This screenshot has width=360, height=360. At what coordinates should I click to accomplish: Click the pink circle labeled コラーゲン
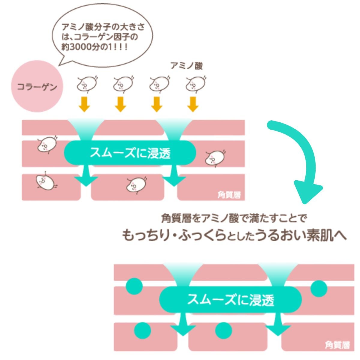point(37,86)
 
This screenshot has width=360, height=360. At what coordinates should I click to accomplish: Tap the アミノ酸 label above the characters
point(186,66)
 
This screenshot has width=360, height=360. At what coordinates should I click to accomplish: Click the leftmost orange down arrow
point(84,104)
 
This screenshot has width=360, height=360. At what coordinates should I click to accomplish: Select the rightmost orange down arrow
point(193,104)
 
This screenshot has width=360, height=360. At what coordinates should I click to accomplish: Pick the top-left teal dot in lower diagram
point(134,286)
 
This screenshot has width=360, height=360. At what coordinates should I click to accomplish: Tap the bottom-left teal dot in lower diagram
point(142,330)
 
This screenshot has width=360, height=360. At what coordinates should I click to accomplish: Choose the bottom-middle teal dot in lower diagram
point(223,330)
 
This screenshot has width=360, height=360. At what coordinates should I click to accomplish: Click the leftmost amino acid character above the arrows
point(87,84)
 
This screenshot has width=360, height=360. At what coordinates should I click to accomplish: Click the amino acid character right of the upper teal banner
point(215,158)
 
